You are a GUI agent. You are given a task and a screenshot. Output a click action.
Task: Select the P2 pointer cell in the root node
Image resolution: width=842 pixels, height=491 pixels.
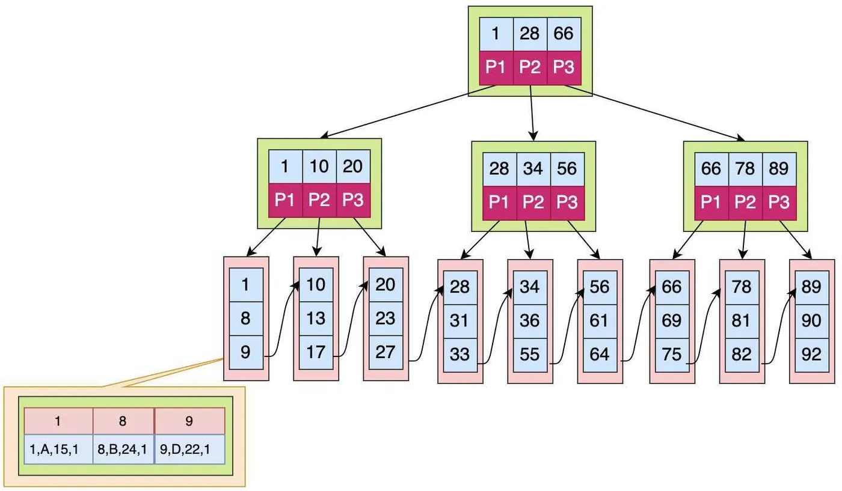[x=530, y=68]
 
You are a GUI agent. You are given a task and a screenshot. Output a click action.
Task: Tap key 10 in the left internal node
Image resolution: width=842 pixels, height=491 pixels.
[x=319, y=166]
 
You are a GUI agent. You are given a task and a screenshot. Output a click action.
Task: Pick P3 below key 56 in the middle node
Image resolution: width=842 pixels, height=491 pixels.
[x=567, y=201]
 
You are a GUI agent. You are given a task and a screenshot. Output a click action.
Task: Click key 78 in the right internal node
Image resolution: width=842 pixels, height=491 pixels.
[x=745, y=169]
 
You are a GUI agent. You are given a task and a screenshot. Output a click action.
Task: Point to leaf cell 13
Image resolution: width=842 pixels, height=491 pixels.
[x=316, y=319]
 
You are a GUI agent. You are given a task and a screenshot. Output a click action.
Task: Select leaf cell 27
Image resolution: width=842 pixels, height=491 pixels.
[x=385, y=352]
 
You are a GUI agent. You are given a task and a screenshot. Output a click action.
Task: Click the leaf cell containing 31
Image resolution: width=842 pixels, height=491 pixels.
[x=459, y=321]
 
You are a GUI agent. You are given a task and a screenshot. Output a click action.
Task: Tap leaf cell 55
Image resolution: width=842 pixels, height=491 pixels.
[x=529, y=355]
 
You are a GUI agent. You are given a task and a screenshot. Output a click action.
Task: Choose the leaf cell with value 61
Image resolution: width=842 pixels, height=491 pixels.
[x=599, y=321]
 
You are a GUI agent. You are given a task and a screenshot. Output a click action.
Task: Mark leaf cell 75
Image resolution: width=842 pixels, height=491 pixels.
[x=671, y=355]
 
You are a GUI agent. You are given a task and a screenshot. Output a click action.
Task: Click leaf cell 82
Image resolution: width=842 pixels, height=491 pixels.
[x=742, y=355]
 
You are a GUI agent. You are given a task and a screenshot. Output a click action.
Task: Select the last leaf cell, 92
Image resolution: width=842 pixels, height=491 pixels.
[x=811, y=355]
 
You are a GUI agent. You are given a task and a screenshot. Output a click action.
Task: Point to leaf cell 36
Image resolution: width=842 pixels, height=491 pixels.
[x=529, y=321]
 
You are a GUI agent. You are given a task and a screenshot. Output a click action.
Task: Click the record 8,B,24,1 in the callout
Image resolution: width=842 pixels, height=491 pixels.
[x=123, y=449]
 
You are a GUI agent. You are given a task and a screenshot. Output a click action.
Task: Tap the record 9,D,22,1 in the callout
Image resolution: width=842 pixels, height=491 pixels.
[x=189, y=449]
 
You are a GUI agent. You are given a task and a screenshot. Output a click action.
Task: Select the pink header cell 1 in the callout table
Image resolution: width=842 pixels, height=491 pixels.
[x=58, y=421]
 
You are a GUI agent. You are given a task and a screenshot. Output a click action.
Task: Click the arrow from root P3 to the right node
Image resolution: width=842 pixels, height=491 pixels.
[x=656, y=113]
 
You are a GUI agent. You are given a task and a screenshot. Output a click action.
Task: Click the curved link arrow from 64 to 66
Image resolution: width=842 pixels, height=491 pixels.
[x=639, y=325]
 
